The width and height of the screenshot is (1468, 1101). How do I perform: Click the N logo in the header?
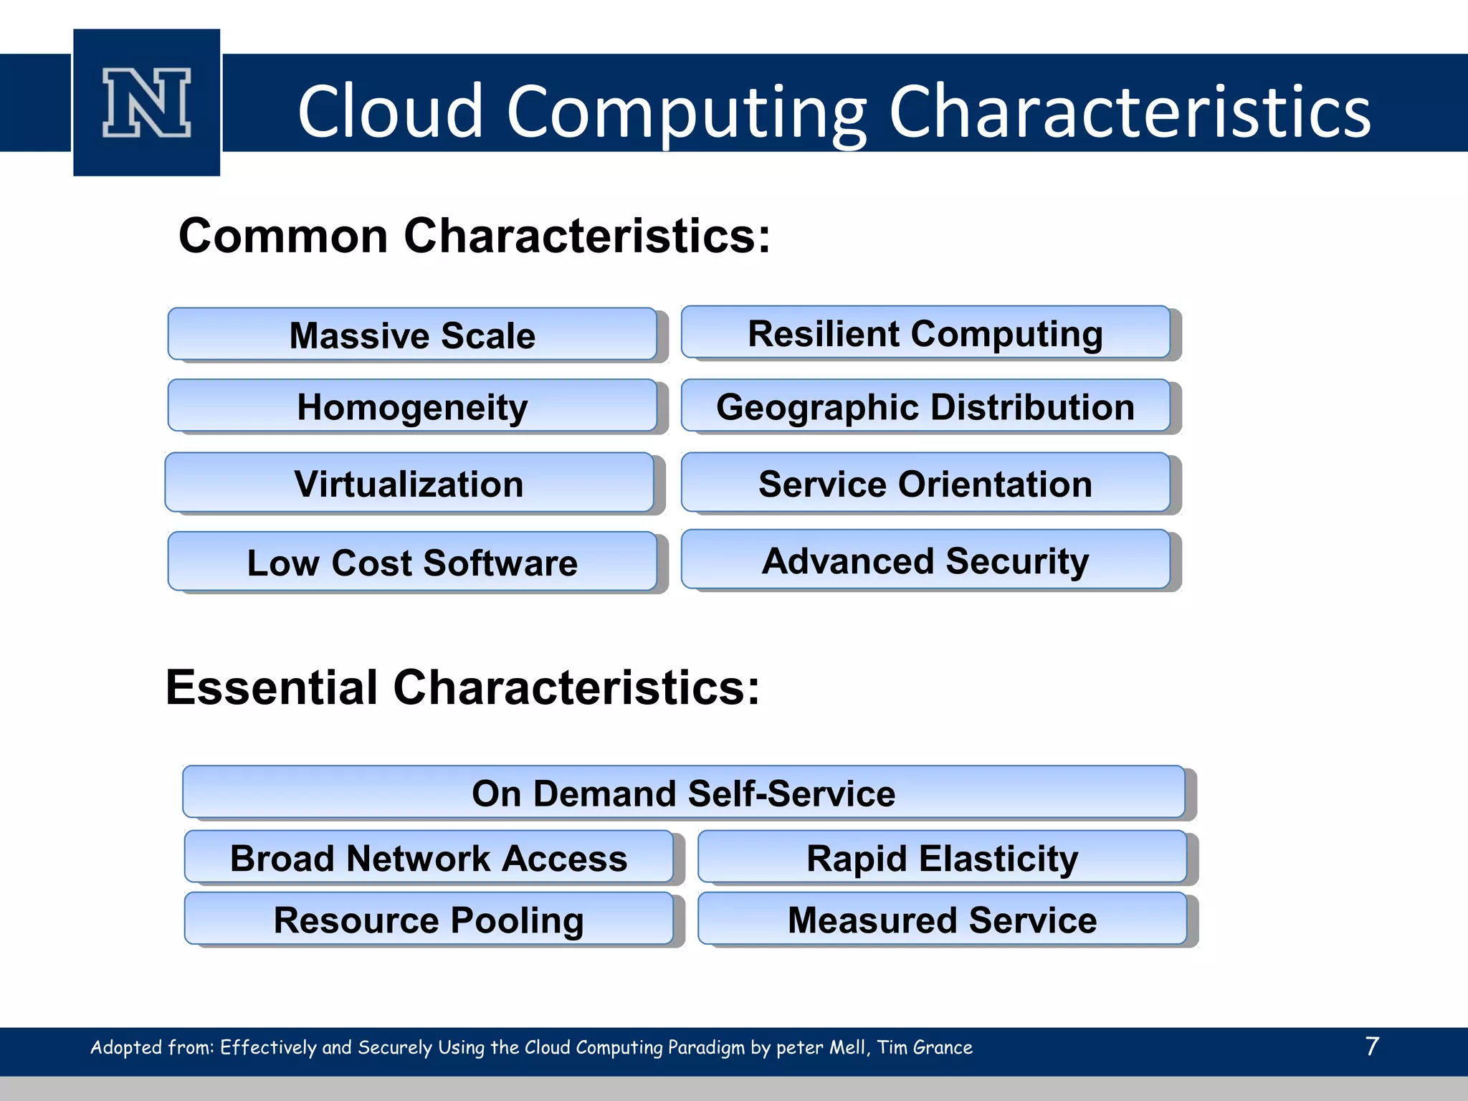(146, 103)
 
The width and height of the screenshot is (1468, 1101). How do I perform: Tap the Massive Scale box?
(412, 335)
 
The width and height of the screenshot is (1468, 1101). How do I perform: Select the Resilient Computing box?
(925, 333)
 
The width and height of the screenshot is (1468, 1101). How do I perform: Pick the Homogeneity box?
(412, 406)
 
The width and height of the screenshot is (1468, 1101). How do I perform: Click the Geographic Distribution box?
(925, 406)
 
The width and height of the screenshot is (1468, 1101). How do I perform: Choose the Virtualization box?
(409, 483)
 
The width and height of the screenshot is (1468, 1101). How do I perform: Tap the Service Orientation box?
(925, 483)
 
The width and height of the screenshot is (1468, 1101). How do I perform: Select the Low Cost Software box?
(412, 562)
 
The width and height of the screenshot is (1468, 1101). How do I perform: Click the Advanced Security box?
(925, 560)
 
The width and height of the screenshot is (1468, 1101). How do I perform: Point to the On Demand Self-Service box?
(683, 793)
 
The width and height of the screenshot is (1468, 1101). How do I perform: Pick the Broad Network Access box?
(429, 857)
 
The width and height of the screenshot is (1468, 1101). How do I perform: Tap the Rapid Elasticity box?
(942, 857)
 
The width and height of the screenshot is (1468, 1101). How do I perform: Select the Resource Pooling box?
(429, 919)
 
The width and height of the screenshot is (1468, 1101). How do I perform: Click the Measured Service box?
(942, 919)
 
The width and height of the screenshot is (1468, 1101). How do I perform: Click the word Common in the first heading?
(283, 236)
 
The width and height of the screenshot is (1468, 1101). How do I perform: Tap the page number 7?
(1372, 1046)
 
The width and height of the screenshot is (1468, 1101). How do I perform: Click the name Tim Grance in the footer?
(925, 1047)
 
